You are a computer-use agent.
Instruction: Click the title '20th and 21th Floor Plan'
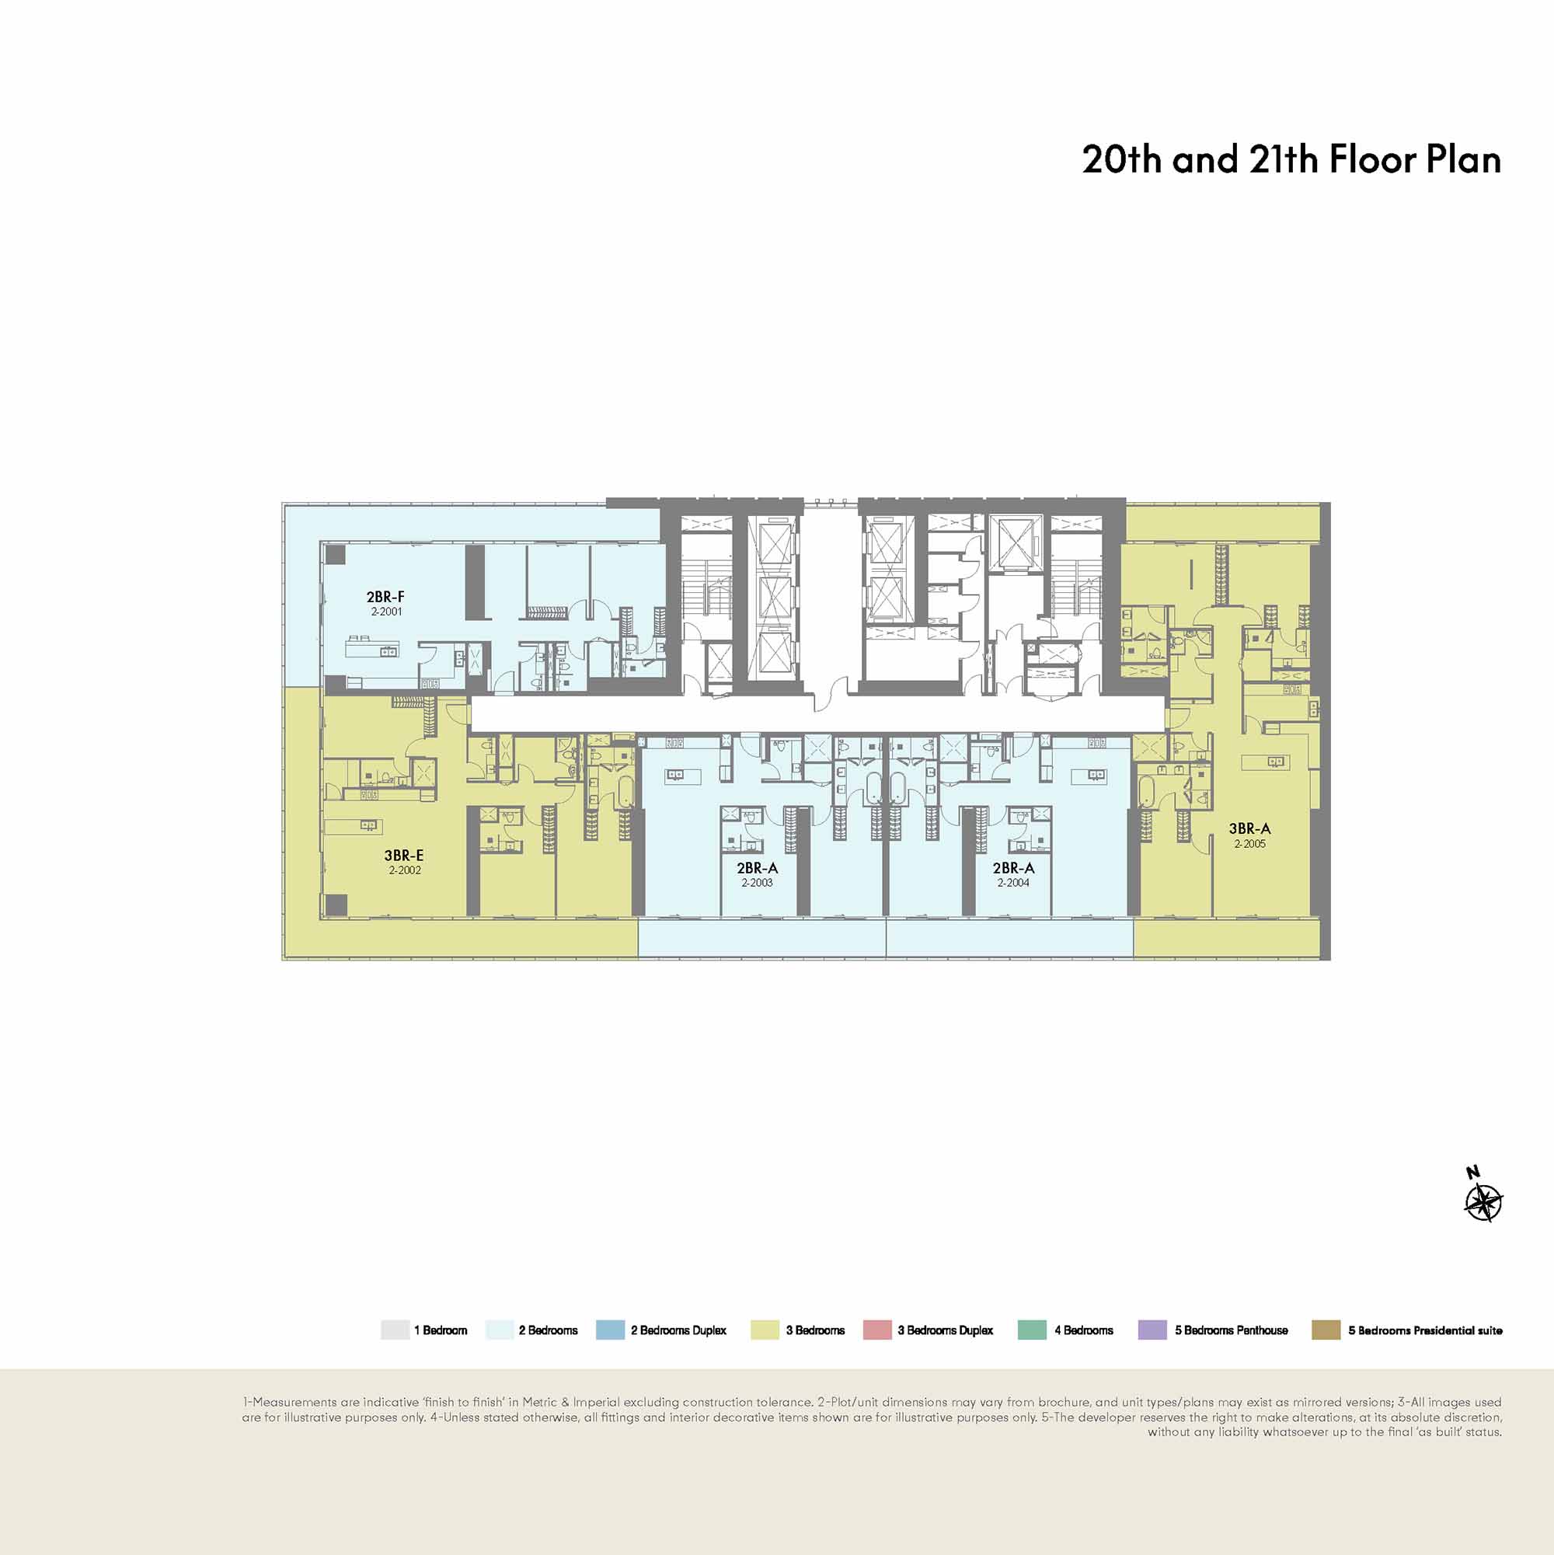(x=1291, y=159)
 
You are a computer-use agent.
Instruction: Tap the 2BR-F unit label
(x=385, y=597)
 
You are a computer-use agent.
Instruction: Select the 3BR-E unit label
(x=404, y=856)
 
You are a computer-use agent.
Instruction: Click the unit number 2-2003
(x=758, y=882)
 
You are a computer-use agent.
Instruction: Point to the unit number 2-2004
(x=1013, y=882)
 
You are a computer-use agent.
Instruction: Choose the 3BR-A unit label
(x=1249, y=828)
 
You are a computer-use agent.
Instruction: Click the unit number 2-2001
(x=386, y=612)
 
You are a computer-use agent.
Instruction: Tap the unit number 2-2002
(x=405, y=870)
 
